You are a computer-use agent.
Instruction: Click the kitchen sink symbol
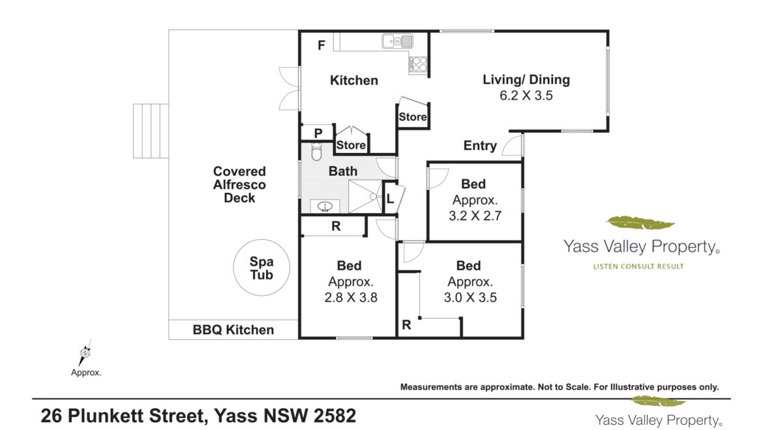pos(398,41)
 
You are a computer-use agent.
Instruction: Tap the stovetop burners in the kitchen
pos(419,65)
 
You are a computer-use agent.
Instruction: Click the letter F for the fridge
pos(321,45)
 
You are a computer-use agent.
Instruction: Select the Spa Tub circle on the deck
pos(262,268)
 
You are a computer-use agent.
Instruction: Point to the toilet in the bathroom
pos(317,152)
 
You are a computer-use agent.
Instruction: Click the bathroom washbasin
pos(325,207)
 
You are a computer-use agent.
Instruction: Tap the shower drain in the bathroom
pos(373,197)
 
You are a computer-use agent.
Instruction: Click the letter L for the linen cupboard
pos(390,199)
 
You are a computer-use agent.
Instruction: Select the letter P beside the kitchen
pos(318,133)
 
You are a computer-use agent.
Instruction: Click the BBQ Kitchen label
pos(233,330)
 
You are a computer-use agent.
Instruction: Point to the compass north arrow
pos(85,352)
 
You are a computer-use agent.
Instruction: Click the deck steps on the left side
pos(151,131)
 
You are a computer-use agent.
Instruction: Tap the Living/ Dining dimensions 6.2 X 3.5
pos(526,96)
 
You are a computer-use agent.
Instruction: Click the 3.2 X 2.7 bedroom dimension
pos(475,216)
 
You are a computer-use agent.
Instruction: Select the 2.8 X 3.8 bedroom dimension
pos(351,297)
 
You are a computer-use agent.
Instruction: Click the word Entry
pos(480,146)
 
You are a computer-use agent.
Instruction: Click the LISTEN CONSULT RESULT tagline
pos(638,266)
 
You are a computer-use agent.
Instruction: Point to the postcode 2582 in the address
pos(335,416)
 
